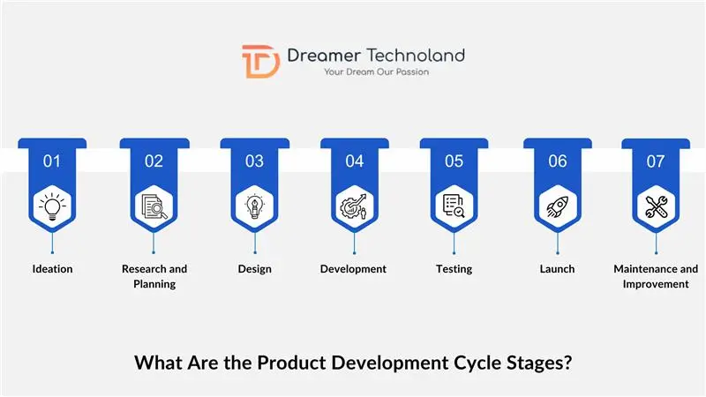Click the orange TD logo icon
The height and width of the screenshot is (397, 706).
[x=261, y=61]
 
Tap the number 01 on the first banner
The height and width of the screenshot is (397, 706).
[x=52, y=161]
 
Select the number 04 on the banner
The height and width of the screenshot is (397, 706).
[x=354, y=161]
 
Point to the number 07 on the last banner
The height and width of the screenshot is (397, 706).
[x=656, y=161]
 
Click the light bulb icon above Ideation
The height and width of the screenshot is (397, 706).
[x=52, y=206]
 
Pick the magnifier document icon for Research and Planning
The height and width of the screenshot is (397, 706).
[x=154, y=206]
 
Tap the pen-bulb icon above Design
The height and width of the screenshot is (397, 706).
[x=254, y=206]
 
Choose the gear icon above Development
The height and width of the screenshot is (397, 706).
[x=354, y=206]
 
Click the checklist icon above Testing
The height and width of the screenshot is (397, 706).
[x=454, y=206]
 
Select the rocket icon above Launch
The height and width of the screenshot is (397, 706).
[x=557, y=206]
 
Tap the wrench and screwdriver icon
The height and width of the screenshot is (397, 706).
[x=656, y=206]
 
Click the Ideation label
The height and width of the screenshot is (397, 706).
[x=52, y=269]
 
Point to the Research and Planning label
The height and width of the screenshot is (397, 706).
[x=154, y=276]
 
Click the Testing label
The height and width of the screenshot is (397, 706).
[x=454, y=269]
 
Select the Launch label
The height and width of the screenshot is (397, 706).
[x=557, y=269]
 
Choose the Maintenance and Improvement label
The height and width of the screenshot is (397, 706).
[x=656, y=276]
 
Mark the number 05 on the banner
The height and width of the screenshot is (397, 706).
[x=454, y=161]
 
